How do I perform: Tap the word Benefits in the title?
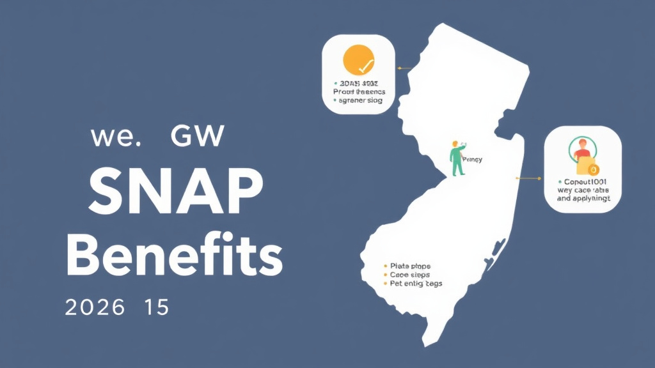click(174, 256)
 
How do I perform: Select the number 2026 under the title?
click(95, 307)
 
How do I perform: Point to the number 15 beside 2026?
click(156, 307)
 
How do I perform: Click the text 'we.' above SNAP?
click(115, 137)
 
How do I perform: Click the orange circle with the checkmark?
click(358, 60)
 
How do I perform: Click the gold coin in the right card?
click(592, 169)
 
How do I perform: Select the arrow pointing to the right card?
click(528, 178)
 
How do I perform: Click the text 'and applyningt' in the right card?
click(583, 199)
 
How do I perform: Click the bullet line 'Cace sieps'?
click(411, 274)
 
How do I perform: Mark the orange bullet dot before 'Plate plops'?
click(385, 265)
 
